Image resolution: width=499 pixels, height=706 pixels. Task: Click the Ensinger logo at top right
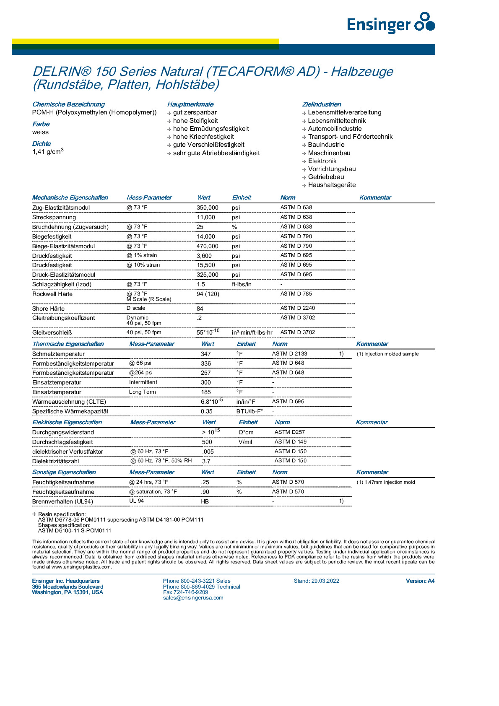391,23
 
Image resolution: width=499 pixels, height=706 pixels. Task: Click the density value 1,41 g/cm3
48,151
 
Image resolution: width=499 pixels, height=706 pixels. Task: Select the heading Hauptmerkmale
190,104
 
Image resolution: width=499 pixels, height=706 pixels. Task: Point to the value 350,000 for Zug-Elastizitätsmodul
207,208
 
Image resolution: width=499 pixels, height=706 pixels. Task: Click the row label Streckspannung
54,217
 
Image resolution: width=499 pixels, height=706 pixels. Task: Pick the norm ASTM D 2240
297,308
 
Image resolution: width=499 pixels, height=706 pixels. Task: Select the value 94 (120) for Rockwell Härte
208,294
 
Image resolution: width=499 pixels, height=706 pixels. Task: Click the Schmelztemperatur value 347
205,354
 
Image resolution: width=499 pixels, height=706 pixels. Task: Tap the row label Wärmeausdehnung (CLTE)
69,402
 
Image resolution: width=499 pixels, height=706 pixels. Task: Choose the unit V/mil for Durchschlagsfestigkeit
245,442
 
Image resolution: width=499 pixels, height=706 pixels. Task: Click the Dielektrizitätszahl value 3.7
206,461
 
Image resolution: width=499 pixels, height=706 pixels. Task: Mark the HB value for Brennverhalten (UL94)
205,501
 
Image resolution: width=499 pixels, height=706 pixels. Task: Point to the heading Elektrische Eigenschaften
67,422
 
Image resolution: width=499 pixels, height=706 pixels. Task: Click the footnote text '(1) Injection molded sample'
387,354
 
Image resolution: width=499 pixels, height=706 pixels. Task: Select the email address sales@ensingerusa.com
193,598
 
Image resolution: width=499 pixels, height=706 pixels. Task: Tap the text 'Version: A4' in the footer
420,581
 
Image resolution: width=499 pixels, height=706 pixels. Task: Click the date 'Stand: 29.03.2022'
316,581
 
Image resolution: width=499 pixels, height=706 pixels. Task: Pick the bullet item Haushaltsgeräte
332,185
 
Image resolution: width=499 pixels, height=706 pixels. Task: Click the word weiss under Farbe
40,132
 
